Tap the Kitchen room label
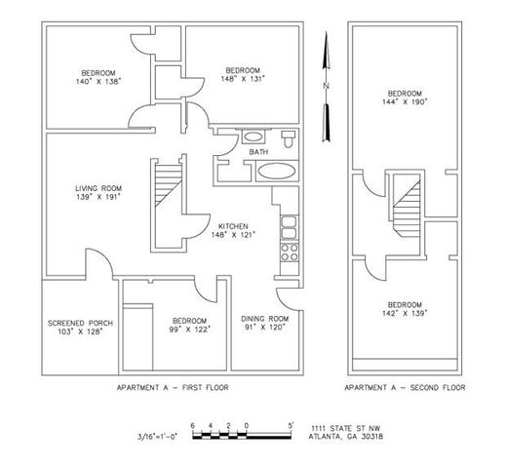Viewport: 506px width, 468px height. [231, 225]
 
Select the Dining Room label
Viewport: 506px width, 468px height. [261, 319]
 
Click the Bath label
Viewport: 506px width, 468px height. [258, 152]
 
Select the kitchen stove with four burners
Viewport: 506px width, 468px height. [290, 255]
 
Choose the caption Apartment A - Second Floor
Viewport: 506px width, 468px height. [405, 387]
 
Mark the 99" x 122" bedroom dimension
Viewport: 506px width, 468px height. [188, 329]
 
